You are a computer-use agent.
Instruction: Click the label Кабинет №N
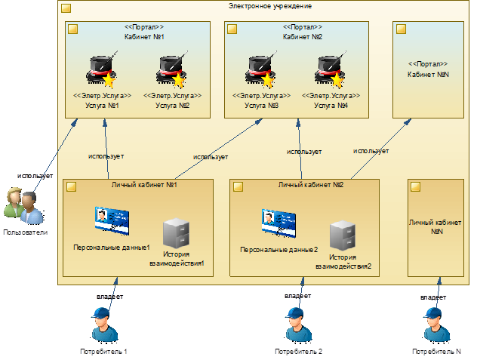click(428, 74)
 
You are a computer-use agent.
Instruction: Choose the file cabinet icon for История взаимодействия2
click(343, 236)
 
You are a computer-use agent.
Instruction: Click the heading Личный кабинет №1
click(143, 186)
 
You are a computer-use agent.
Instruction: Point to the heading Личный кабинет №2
click(310, 186)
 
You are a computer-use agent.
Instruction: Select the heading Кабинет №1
click(139, 36)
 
